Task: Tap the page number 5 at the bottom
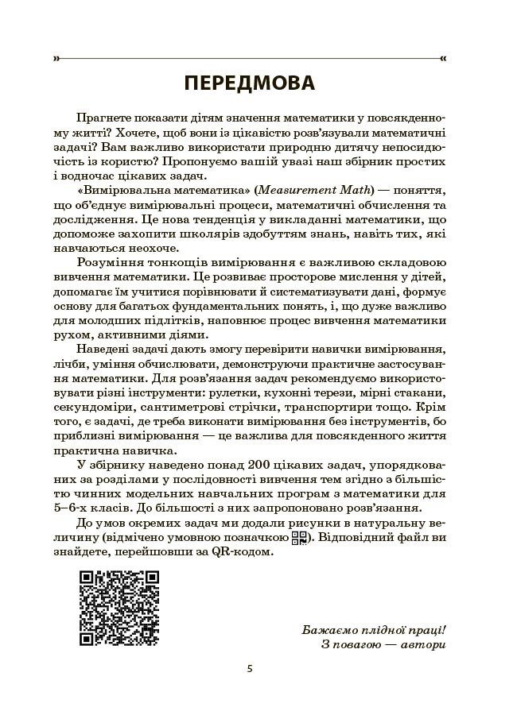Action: click(250, 668)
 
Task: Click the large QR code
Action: click(120, 608)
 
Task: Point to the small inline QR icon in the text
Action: click(299, 539)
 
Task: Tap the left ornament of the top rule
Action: click(56, 58)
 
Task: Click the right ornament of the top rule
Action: click(443, 58)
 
